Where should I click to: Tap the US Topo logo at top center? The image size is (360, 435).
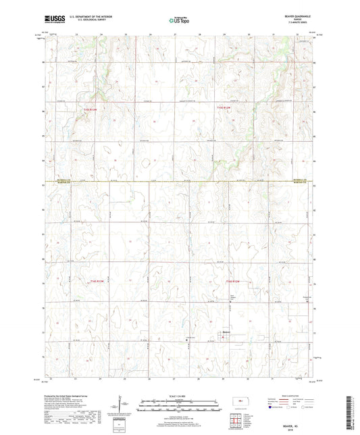click(179, 20)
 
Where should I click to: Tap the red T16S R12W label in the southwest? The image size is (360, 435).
click(99, 281)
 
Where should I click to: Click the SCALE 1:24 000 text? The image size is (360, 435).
click(179, 396)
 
